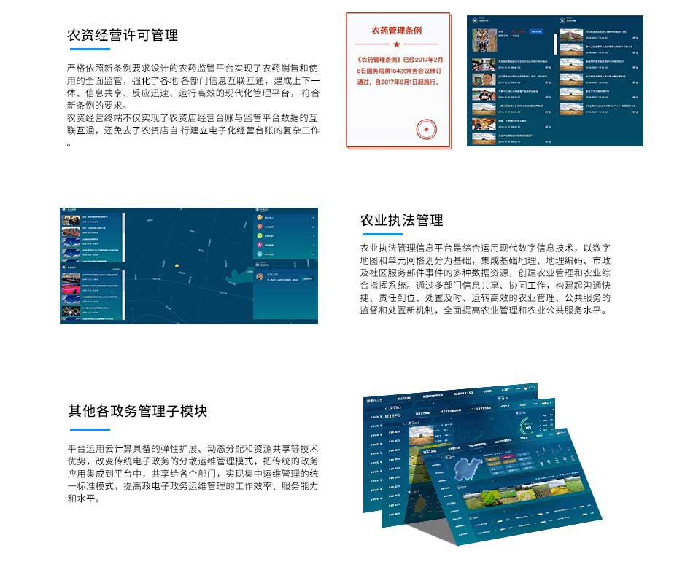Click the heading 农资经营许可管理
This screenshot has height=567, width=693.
point(123,35)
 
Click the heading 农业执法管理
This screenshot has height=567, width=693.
point(401,220)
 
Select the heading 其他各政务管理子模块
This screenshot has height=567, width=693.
point(138,411)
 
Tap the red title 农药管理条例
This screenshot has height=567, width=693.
point(396,31)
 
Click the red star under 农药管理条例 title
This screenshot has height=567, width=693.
point(396,44)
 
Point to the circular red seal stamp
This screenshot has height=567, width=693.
point(424,130)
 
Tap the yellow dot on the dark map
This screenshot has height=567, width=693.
point(176,266)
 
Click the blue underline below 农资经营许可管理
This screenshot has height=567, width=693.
point(88,50)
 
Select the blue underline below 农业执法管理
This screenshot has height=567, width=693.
point(382,235)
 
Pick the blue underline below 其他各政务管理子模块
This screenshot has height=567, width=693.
point(89,426)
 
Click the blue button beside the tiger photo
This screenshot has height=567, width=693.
point(536,31)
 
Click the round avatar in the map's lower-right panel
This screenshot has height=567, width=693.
point(260,277)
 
